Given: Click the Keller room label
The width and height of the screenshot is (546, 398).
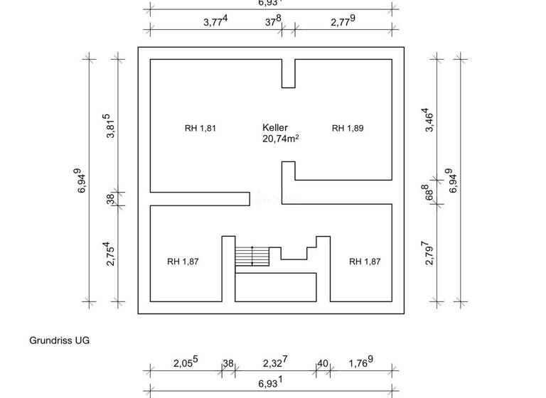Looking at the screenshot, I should point(274,127).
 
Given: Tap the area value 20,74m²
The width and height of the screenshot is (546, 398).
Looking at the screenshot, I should point(280,139).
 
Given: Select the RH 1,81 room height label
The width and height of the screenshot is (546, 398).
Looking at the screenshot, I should point(200,129).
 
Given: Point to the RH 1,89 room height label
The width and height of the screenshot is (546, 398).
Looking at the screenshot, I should point(348,129).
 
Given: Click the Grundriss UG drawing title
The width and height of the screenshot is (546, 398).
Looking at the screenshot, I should point(59,340).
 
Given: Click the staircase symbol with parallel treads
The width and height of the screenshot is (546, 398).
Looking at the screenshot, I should point(253,256).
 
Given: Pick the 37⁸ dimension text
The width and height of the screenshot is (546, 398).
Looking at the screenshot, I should point(273,21).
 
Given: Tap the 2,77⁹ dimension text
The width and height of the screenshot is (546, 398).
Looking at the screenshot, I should point(343,21).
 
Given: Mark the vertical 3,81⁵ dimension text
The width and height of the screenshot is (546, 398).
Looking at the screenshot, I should point(109,126).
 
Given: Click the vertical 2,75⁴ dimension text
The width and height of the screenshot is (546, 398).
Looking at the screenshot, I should point(111,254).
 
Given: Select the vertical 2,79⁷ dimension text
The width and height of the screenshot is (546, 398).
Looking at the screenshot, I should point(428,252).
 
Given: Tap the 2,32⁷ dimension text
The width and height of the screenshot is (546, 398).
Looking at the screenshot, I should point(274,362).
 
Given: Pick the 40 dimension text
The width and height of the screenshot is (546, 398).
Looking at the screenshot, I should point(323,363).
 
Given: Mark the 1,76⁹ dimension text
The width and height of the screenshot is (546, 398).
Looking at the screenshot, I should point(361,362).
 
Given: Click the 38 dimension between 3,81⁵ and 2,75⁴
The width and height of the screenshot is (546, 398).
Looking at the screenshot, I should point(111,198).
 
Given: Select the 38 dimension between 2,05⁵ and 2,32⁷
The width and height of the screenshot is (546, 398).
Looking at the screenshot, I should point(228,363).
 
